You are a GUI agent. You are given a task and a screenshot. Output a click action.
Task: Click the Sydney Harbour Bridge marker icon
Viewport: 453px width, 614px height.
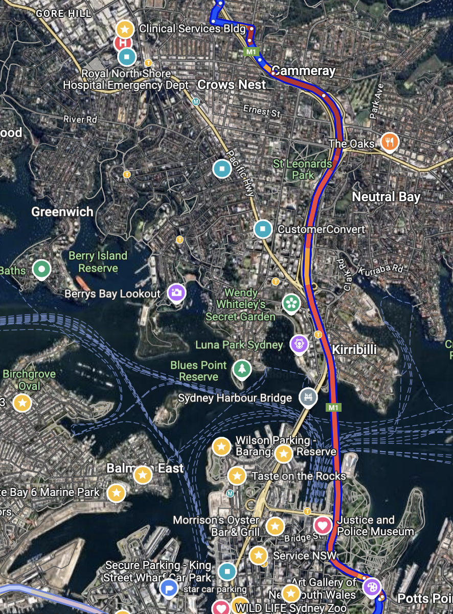point(308,397)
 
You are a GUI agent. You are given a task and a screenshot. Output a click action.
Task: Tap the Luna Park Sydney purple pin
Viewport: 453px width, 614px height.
point(299,344)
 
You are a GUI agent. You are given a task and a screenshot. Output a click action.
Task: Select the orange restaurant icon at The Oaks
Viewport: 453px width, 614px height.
point(390,143)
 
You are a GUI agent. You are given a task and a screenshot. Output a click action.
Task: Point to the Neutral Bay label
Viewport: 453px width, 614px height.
point(386,197)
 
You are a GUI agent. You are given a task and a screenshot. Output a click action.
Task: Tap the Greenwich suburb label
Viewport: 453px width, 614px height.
point(62,211)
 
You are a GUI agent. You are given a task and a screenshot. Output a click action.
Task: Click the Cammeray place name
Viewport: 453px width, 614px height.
point(304,70)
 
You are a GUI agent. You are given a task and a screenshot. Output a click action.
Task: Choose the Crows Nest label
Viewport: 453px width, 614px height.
point(232,84)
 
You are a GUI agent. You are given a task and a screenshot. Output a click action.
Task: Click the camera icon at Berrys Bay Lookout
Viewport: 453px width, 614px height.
point(176,293)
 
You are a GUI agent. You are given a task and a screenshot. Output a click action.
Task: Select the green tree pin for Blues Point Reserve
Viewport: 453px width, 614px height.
point(241,369)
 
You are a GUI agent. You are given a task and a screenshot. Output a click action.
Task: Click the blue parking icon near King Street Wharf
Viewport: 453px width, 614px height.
point(168,588)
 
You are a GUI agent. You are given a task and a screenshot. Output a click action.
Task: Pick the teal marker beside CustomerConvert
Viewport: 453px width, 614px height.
point(263,229)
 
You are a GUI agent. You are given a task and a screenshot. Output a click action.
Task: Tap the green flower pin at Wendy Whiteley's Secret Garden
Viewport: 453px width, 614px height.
point(290,303)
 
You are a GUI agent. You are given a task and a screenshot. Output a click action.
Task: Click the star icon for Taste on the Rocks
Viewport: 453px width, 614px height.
point(237,476)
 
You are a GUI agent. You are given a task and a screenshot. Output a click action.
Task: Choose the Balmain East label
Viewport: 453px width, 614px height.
point(145,468)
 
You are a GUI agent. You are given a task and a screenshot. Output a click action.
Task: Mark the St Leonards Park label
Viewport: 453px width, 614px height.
point(303,169)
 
